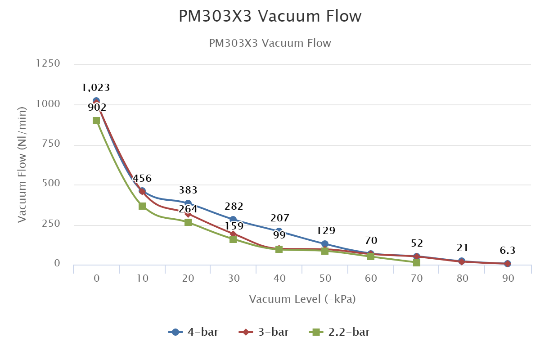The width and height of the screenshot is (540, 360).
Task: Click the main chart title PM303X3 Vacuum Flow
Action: pyautogui.click(x=270, y=16)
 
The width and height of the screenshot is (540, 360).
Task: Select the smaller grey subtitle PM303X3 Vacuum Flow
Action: pyautogui.click(x=270, y=43)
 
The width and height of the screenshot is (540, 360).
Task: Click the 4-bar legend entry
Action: pyautogui.click(x=194, y=333)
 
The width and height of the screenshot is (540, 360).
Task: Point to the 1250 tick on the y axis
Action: pyautogui.click(x=48, y=64)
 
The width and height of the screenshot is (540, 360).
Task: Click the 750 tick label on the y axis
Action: pyautogui.click(x=51, y=144)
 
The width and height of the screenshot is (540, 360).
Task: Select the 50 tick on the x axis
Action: pyautogui.click(x=325, y=279)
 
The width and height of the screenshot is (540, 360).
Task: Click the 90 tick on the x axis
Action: pyautogui.click(x=508, y=279)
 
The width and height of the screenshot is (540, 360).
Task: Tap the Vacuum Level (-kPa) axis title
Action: pyautogui.click(x=302, y=299)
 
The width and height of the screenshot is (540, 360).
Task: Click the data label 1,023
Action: pyautogui.click(x=96, y=87)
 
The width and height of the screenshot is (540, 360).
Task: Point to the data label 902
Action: pyautogui.click(x=97, y=108)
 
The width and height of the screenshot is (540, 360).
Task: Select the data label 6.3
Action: pyautogui.click(x=508, y=250)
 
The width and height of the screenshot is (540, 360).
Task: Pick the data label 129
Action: pyautogui.click(x=326, y=231)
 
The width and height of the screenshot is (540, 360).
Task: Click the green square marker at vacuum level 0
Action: pyautogui.click(x=96, y=120)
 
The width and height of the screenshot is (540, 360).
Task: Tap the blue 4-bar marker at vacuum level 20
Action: pyautogui.click(x=188, y=203)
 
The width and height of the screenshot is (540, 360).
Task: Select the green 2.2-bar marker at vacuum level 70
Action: pyautogui.click(x=417, y=262)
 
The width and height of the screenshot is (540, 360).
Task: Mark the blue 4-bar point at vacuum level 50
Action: pyautogui.click(x=325, y=244)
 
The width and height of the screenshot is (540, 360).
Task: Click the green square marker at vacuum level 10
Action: pyautogui.click(x=142, y=206)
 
